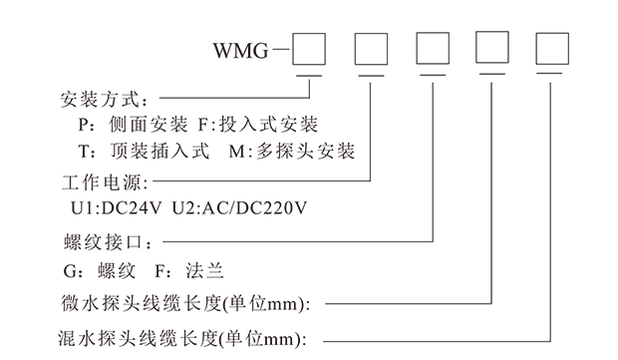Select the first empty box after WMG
click(309, 50)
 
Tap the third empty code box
click(433, 50)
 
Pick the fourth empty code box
click(493, 50)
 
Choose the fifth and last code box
click(554, 50)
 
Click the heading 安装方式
click(104, 100)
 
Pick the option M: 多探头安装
click(297, 153)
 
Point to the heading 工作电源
click(104, 183)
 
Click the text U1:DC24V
click(113, 210)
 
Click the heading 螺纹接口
click(104, 241)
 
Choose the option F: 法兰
click(200, 270)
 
